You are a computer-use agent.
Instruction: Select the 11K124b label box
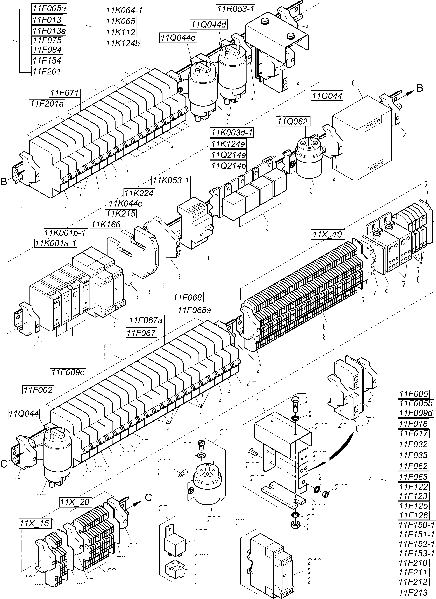[x=123, y=43]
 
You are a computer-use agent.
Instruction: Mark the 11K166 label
[x=106, y=225]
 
